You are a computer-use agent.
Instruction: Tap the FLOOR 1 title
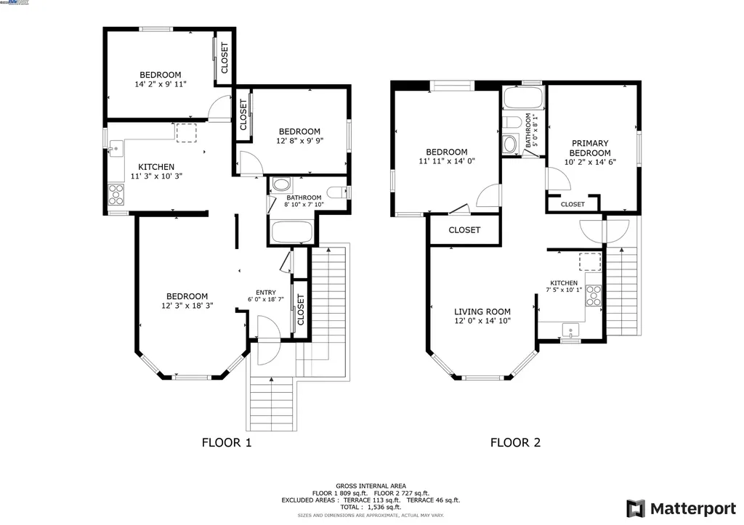226,442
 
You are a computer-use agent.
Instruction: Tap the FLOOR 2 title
515,442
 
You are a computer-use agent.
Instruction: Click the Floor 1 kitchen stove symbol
116,193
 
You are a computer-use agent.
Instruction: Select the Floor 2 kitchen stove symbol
594,293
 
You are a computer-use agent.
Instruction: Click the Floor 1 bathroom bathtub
291,232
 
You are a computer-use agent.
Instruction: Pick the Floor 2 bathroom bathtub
522,99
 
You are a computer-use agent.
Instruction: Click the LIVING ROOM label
482,312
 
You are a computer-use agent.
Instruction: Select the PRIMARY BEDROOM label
589,148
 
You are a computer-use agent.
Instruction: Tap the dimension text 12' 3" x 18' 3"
187,306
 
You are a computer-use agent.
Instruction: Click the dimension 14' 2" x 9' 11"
161,84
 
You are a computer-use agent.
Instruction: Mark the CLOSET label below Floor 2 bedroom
464,230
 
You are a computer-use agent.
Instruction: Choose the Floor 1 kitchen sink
115,150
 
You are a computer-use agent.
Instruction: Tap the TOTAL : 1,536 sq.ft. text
371,507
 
